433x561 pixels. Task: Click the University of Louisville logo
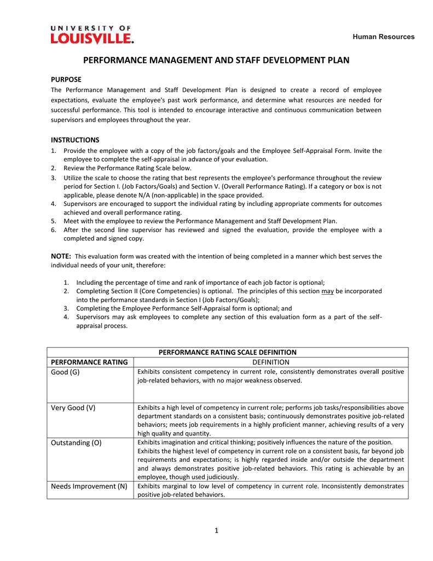click(x=92, y=34)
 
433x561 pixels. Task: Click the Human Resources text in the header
click(x=383, y=37)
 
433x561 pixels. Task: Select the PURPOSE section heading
click(x=66, y=79)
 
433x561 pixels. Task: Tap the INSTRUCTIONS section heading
click(x=75, y=140)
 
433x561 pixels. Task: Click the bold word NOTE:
click(x=60, y=256)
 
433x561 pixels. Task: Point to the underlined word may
click(x=327, y=291)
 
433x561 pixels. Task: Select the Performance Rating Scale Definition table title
click(x=227, y=352)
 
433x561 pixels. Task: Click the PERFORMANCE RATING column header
click(x=89, y=362)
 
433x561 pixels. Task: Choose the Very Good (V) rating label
click(x=73, y=408)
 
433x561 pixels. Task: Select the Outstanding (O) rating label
click(x=76, y=442)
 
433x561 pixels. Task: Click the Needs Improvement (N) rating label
click(x=89, y=486)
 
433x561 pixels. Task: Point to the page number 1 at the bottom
click(x=217, y=530)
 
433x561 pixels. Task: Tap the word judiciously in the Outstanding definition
click(x=219, y=477)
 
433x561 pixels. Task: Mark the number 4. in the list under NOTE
click(x=66, y=317)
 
